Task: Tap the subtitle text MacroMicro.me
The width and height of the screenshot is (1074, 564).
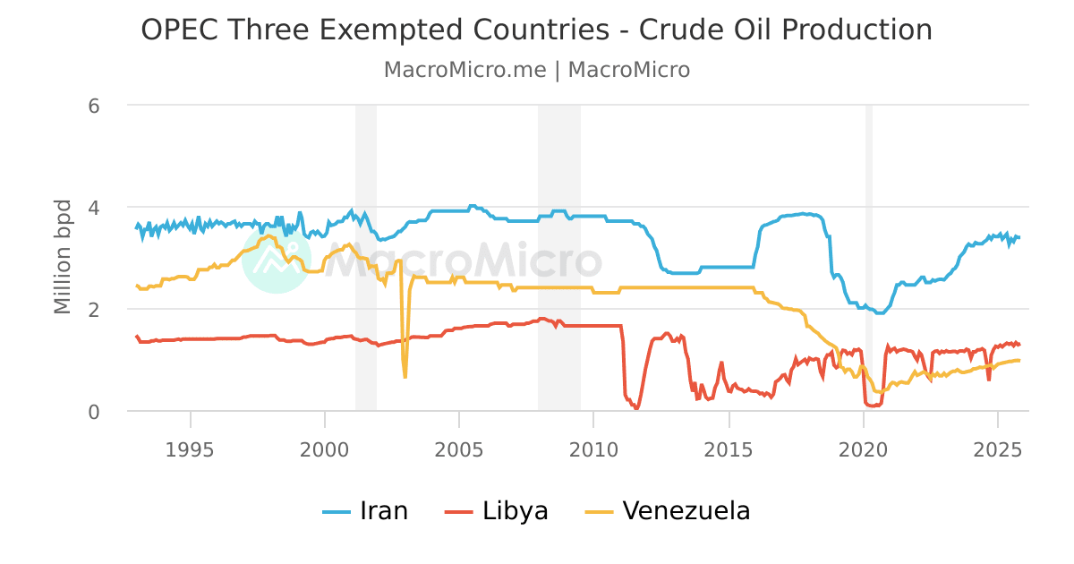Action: pos(465,70)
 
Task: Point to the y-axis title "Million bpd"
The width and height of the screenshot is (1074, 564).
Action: pos(63,257)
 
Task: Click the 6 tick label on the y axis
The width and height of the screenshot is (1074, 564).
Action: pos(93,106)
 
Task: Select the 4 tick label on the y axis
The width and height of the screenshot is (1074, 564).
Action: pos(93,208)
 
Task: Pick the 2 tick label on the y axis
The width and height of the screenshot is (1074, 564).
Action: pos(93,310)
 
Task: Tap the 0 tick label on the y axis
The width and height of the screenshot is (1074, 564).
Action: pos(93,412)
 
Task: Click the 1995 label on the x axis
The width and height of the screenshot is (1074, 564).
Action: pos(190,448)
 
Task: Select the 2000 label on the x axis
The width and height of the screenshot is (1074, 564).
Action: pos(325,448)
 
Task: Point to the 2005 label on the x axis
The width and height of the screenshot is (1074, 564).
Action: pos(459,448)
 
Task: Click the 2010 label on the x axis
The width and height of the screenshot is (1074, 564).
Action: pos(594,448)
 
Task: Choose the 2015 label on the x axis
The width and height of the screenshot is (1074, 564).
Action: pos(729,448)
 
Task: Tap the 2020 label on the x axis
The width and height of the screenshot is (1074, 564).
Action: pos(864,448)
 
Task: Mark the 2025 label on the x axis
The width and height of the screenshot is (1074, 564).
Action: pos(998,448)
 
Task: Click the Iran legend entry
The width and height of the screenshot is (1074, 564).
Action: pos(365,511)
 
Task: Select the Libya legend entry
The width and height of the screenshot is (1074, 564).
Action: pos(497,511)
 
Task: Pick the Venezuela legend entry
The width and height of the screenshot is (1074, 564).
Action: pos(668,511)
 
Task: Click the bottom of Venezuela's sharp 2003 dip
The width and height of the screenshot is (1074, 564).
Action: pos(405,376)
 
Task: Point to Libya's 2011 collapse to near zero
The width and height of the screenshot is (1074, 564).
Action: pos(636,407)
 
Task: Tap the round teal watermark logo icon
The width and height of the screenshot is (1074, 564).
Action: pos(276,260)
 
